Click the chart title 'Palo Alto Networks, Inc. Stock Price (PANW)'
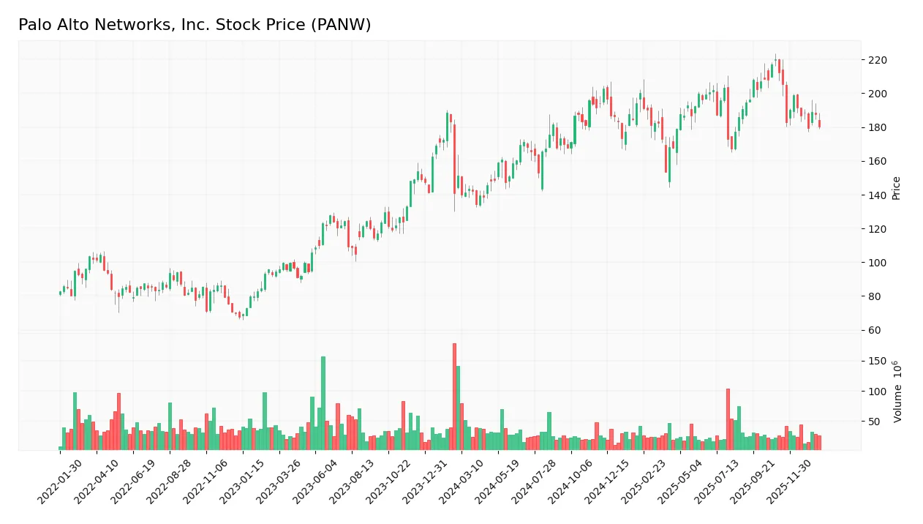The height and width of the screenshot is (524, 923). pyautogui.click(x=195, y=25)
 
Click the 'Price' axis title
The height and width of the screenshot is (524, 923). pyautogui.click(x=896, y=188)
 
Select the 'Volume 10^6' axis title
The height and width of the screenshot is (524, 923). pyautogui.click(x=897, y=392)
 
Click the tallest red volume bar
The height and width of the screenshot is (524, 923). pyautogui.click(x=454, y=397)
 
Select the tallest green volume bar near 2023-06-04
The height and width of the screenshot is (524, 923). pyautogui.click(x=323, y=403)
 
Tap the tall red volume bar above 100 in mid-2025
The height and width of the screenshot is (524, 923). pyautogui.click(x=728, y=419)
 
